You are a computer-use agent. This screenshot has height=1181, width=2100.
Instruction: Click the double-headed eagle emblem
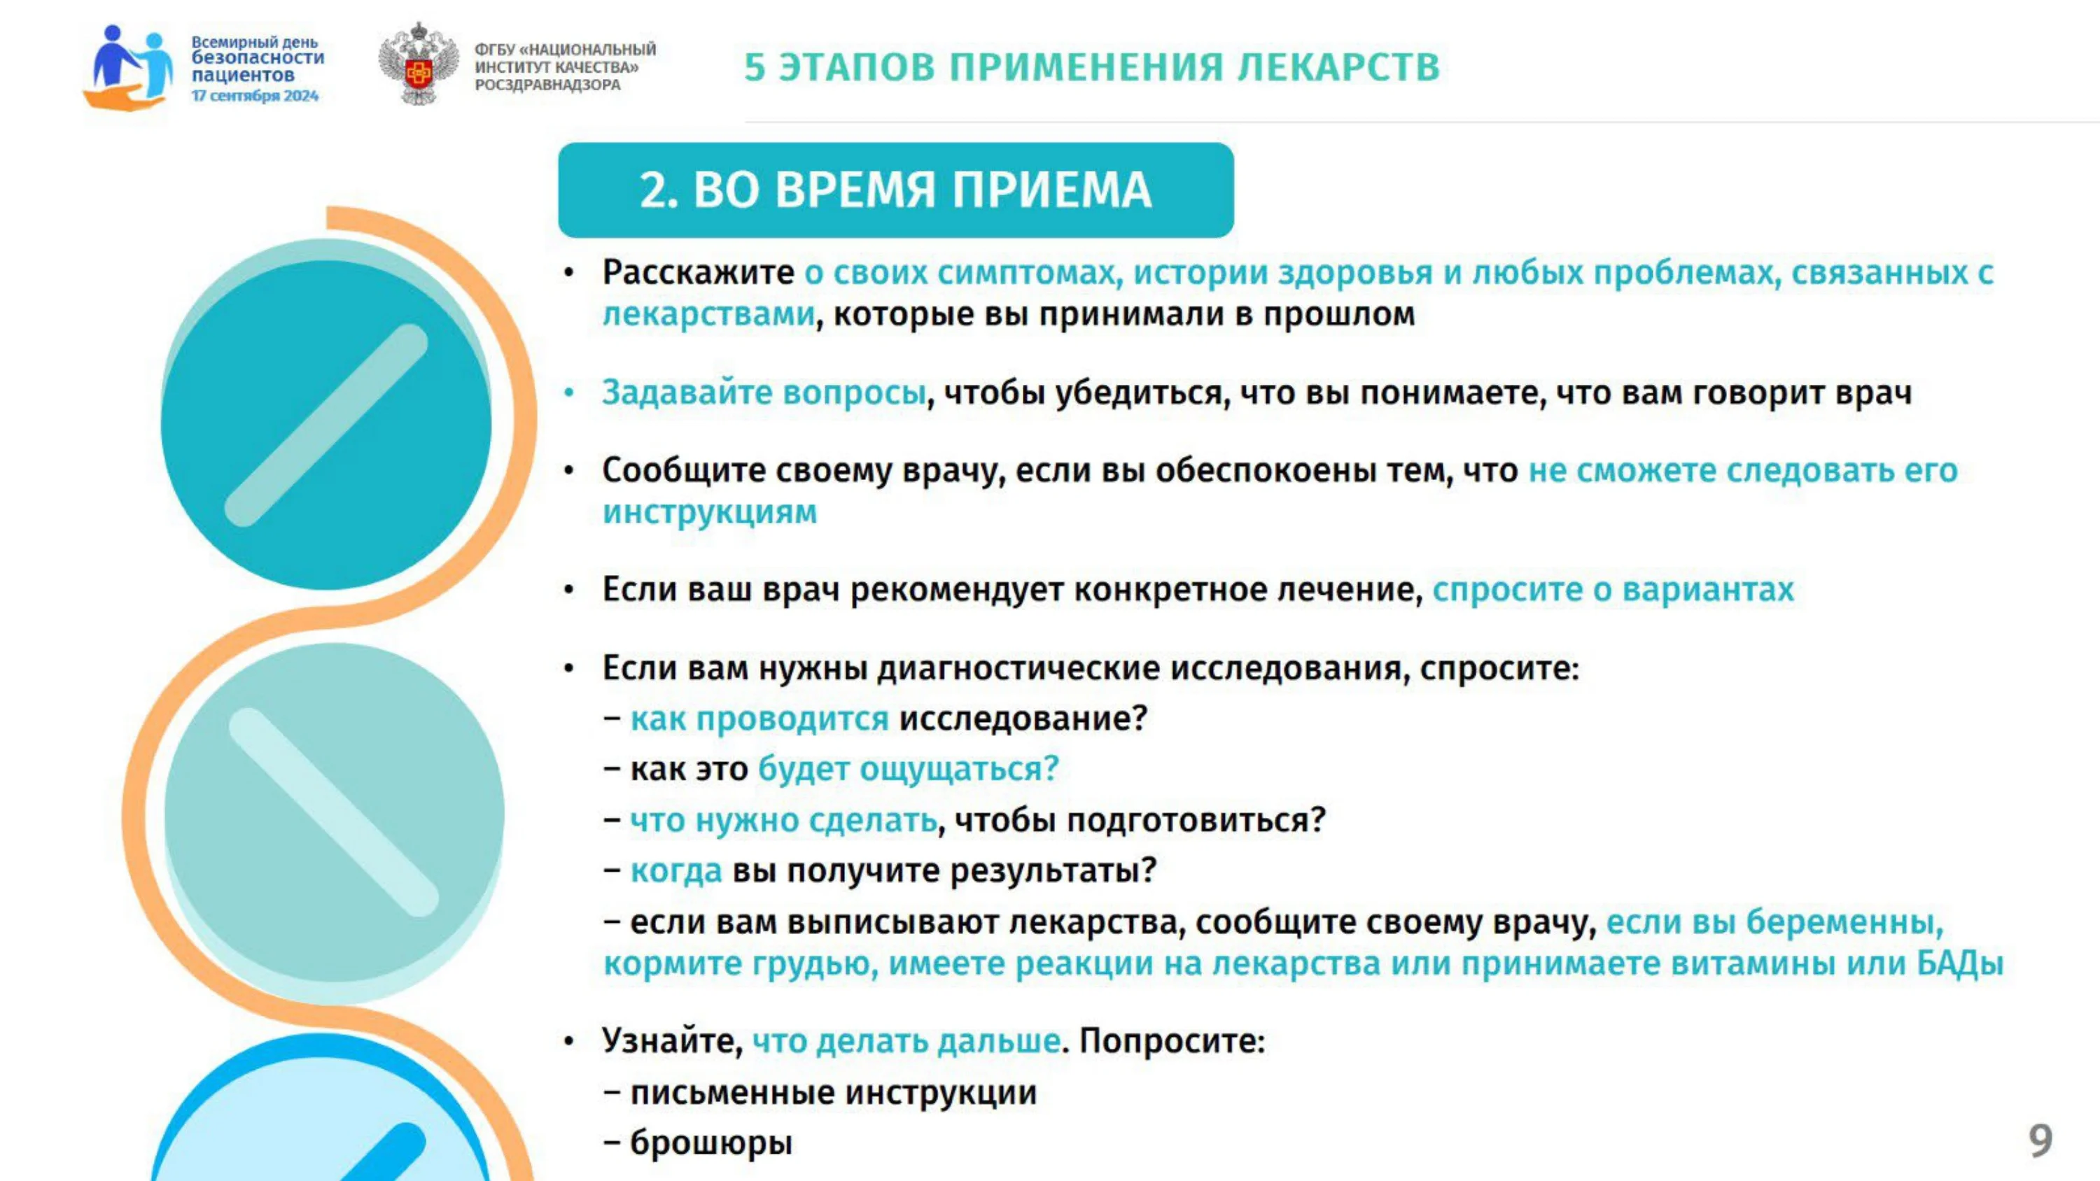(418, 64)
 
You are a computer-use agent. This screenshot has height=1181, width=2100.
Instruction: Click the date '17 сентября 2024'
(254, 96)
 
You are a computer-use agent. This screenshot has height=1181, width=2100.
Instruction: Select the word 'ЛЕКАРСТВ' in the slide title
(1338, 67)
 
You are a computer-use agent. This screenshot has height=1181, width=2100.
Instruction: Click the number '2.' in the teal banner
(660, 190)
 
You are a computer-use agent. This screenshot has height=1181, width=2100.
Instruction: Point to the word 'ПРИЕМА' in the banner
(1051, 190)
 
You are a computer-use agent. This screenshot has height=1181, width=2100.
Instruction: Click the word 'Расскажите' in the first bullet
(698, 272)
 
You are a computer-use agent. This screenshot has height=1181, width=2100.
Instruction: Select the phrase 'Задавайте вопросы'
(764, 392)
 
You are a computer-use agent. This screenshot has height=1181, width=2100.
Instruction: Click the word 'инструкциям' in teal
(709, 512)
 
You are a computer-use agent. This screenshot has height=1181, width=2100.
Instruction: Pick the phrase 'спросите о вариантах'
(1613, 588)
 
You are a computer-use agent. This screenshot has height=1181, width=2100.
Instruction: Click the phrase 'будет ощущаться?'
(908, 769)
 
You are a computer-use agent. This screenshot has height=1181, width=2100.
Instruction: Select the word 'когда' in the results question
(675, 870)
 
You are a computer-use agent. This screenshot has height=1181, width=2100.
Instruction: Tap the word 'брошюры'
(711, 1142)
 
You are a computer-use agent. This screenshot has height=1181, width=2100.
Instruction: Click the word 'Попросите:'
(1172, 1041)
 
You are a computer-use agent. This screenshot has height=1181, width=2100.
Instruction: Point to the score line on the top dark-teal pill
(326, 425)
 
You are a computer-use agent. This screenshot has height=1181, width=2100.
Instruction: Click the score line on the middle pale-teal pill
(333, 812)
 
